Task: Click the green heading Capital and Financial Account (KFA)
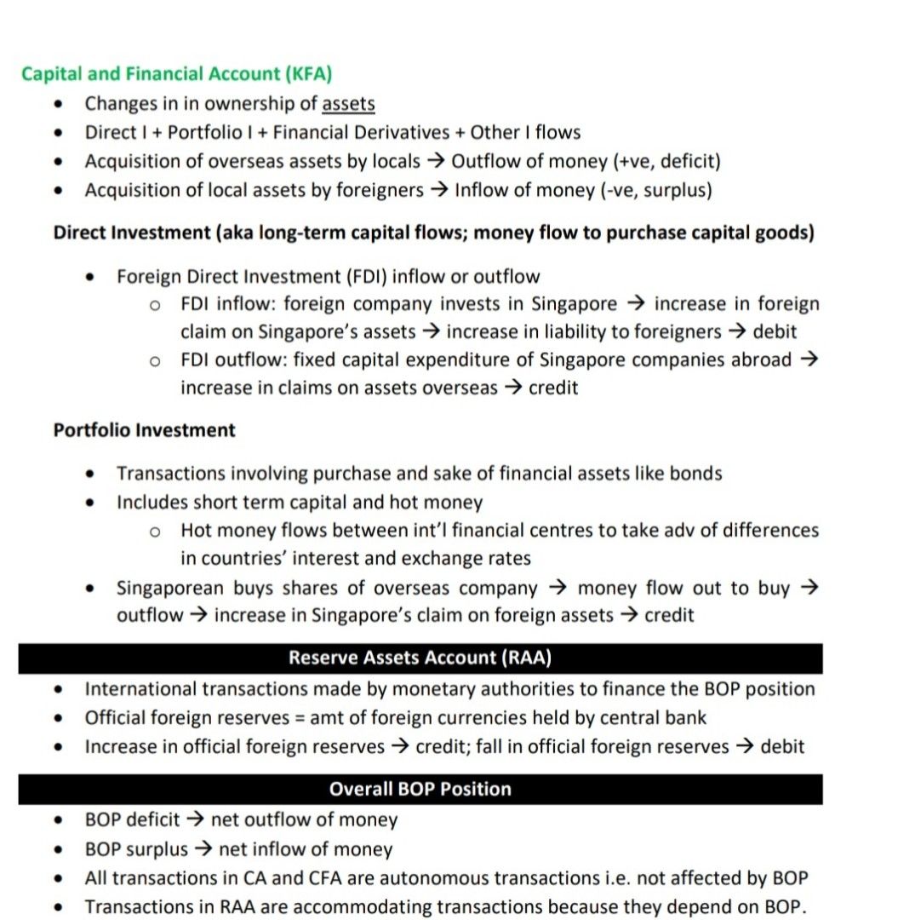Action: tap(176, 73)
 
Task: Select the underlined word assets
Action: tap(348, 104)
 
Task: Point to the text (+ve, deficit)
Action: tap(660, 162)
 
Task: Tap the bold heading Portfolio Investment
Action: tap(144, 430)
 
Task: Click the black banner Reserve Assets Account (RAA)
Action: tap(420, 658)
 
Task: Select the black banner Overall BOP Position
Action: tap(420, 789)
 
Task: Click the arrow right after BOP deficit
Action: tap(195, 820)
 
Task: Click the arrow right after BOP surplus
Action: tap(203, 849)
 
